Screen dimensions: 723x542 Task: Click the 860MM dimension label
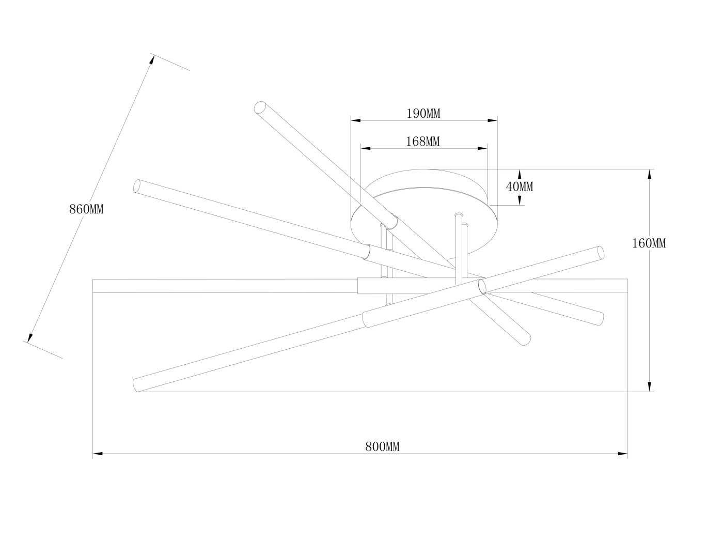point(86,209)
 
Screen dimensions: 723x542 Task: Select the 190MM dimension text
point(423,114)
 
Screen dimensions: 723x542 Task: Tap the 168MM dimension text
point(422,142)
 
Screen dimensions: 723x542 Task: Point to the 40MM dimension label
point(520,187)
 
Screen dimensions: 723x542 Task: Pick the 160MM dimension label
point(649,243)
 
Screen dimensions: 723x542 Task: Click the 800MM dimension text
point(382,447)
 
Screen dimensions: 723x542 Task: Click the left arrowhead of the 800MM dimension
point(98,454)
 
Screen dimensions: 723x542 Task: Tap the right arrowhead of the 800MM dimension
point(622,454)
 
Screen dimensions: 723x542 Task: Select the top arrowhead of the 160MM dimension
point(650,174)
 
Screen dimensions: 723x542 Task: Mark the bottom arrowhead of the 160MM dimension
point(650,387)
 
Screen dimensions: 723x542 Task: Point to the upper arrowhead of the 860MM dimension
point(152,60)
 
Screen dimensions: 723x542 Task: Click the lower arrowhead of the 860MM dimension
point(30,338)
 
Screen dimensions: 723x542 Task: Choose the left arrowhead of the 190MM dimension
point(356,120)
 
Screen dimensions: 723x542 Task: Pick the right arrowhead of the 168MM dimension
point(482,149)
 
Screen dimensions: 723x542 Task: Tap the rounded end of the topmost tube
point(260,107)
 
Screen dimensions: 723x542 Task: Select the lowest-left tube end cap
point(136,385)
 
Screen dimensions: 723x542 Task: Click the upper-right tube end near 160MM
point(601,252)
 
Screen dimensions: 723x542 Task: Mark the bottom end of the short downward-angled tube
point(526,339)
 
